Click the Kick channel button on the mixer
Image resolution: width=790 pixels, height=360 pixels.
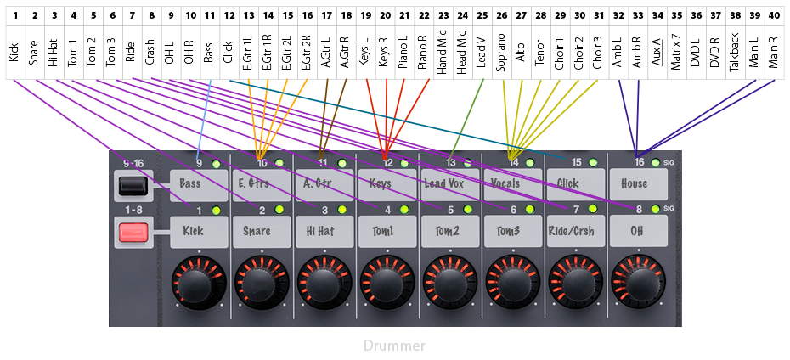[199, 230]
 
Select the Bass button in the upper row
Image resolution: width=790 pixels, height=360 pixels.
[199, 183]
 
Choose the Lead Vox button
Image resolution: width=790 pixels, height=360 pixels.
[449, 183]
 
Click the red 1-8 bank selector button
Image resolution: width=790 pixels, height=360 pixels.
[133, 231]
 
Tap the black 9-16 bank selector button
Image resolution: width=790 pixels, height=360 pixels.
[133, 184]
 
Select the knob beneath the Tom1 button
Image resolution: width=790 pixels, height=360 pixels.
[387, 284]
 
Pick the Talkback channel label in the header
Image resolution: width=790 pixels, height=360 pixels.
[735, 53]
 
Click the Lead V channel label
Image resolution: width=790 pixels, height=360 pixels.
[482, 53]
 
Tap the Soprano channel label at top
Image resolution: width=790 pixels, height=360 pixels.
[501, 53]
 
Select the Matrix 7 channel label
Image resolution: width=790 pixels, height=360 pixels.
[676, 53]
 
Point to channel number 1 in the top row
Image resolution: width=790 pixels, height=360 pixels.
[15, 15]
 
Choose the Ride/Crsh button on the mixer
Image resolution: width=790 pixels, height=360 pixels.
[575, 230]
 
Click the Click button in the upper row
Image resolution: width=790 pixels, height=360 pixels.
[575, 183]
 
